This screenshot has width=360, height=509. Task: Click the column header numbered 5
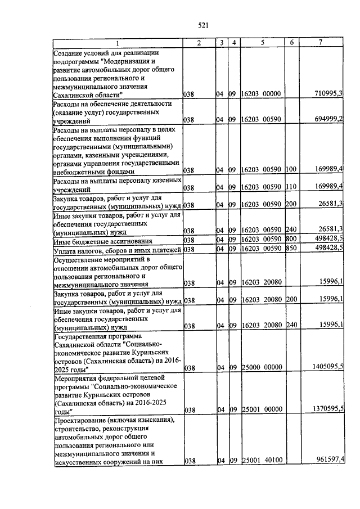coord(262,43)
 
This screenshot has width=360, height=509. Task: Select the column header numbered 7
coord(320,43)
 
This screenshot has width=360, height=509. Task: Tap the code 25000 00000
coord(261,367)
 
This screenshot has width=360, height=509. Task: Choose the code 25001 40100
coord(261,461)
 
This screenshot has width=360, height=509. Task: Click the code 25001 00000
coord(261,411)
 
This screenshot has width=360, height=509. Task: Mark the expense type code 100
coord(291,169)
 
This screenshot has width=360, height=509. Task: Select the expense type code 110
coord(291,187)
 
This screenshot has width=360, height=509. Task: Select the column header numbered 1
coord(118,43)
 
